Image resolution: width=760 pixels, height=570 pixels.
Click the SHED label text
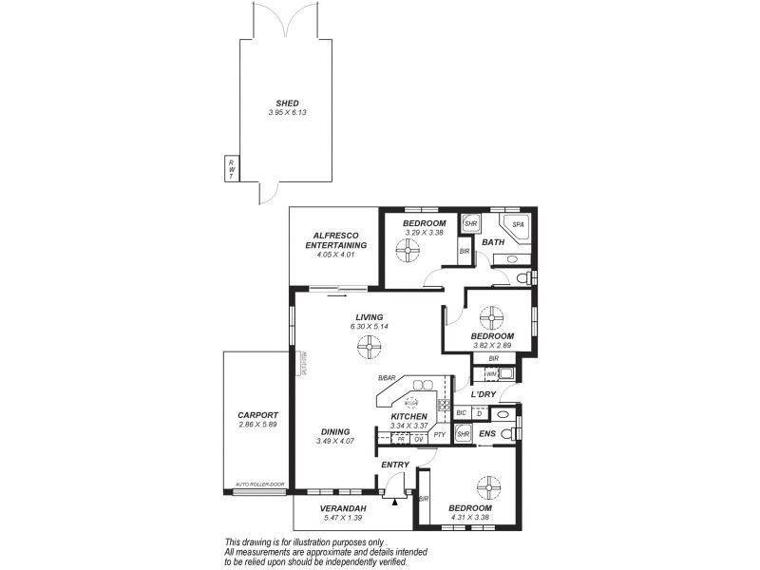click(x=287, y=103)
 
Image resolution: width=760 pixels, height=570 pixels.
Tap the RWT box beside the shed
click(x=230, y=168)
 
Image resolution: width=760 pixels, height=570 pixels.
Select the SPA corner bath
click(x=517, y=226)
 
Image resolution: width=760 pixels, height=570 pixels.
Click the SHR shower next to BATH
click(x=470, y=225)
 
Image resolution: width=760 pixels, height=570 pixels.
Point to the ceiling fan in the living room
click(x=370, y=351)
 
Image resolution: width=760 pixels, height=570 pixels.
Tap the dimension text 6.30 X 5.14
click(x=369, y=327)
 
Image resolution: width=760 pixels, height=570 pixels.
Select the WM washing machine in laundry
click(x=493, y=374)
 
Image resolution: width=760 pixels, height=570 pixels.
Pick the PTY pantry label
click(x=439, y=435)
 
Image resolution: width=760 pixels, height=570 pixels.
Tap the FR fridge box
click(x=401, y=439)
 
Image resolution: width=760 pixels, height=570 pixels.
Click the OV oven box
click(x=419, y=439)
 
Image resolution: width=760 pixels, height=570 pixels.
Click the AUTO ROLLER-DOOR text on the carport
click(x=259, y=484)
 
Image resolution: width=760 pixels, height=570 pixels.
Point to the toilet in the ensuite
click(x=508, y=434)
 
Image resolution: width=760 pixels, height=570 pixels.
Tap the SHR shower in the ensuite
click(x=464, y=434)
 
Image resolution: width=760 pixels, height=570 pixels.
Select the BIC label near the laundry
click(x=461, y=414)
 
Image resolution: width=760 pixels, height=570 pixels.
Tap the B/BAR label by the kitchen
click(x=386, y=378)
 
